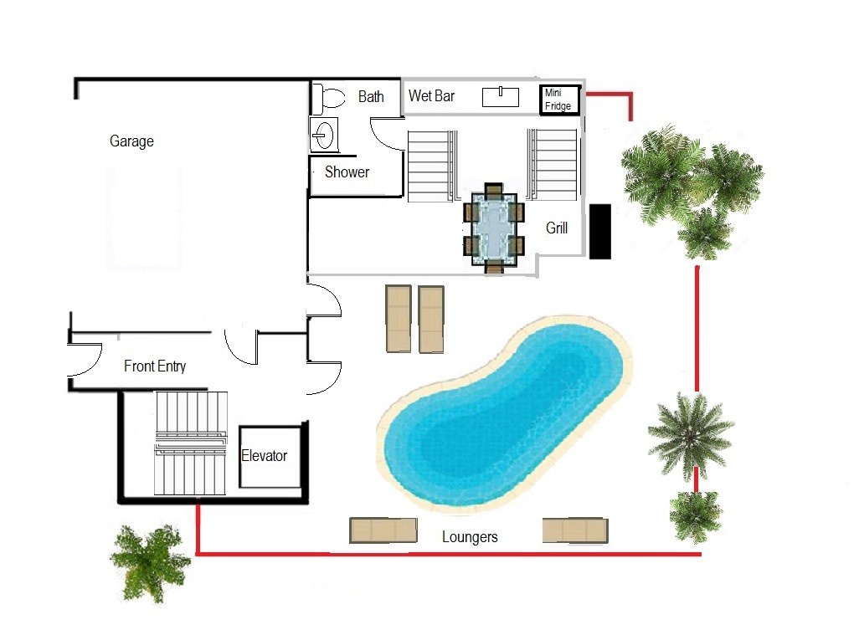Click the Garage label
point(131,141)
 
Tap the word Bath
point(371,97)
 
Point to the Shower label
point(347,172)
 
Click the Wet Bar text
point(431,95)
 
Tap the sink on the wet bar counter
point(500,97)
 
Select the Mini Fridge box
point(559,100)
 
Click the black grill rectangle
point(599,232)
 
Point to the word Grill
point(557,228)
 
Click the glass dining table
point(494,228)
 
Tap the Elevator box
point(270,457)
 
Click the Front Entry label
point(155,366)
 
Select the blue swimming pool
point(504,412)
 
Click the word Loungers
point(470,537)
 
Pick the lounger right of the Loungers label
point(575,530)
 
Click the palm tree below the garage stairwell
point(150,562)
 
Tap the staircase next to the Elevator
point(191,443)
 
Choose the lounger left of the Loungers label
point(383,530)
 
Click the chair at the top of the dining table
point(494,189)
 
